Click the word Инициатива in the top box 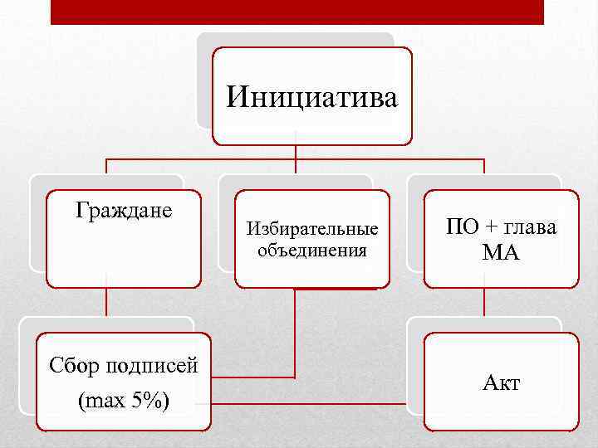coord(311,97)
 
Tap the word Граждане coord(124,211)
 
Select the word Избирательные coord(311,228)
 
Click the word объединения coord(311,249)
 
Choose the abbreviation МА coord(501,253)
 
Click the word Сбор coord(76,365)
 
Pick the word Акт coord(501,382)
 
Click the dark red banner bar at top coord(297,12)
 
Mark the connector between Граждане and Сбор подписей coord(105,303)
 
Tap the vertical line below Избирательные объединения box coord(295,332)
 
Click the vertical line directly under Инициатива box coord(297,151)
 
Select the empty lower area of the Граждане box coord(123,257)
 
